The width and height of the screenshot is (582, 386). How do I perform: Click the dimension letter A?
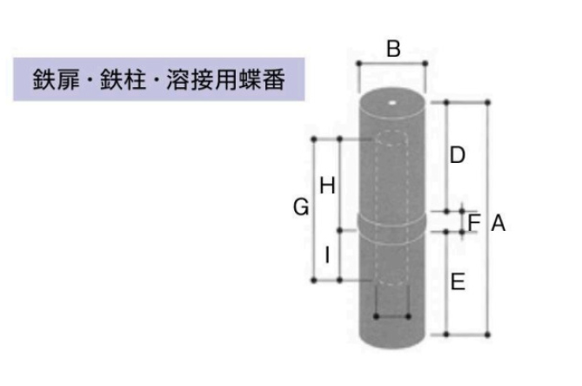coord(498,224)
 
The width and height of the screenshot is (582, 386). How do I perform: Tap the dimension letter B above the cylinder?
coord(393,49)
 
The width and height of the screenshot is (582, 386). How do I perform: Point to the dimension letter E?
coord(458,281)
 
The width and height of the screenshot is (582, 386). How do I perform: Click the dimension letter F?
coord(473,221)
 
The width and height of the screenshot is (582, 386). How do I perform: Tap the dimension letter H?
coord(327,185)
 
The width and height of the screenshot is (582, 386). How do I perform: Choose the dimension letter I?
coord(326,255)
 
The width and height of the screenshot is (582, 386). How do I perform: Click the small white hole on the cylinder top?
coord(393,101)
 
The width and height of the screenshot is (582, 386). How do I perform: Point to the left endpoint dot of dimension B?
coord(358,64)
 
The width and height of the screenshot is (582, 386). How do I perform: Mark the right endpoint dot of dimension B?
coord(426,64)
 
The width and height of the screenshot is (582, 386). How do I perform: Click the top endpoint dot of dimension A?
coord(487,103)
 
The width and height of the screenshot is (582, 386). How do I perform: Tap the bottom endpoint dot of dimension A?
coord(487,334)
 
